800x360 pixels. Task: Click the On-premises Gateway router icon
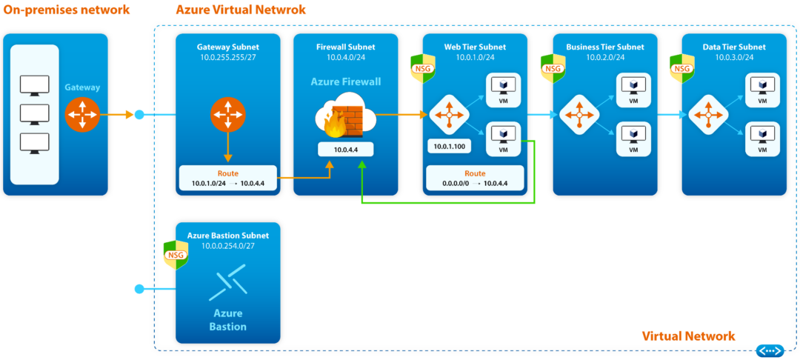pos(81,115)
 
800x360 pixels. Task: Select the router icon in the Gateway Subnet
pos(228,115)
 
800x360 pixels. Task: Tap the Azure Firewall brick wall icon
pos(346,116)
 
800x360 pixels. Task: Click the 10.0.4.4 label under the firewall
pos(346,150)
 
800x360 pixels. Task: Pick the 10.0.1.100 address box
pos(450,147)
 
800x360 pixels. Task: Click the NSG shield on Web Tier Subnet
pos(423,68)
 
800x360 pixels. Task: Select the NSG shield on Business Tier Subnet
pos(553,68)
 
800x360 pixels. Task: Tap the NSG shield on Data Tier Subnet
pos(681,68)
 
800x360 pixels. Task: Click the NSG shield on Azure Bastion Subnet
pos(176,254)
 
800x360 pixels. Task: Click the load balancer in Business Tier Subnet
pos(579,115)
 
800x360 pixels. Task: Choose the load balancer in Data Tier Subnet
pos(707,115)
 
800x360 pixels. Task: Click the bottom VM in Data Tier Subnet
pos(761,138)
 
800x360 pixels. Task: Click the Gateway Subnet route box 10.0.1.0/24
pos(228,177)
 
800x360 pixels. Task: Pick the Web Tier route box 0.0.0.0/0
pos(474,177)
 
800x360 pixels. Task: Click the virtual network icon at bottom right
pos(770,350)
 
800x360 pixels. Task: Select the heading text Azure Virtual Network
pos(241,10)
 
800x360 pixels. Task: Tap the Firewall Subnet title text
pos(346,47)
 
